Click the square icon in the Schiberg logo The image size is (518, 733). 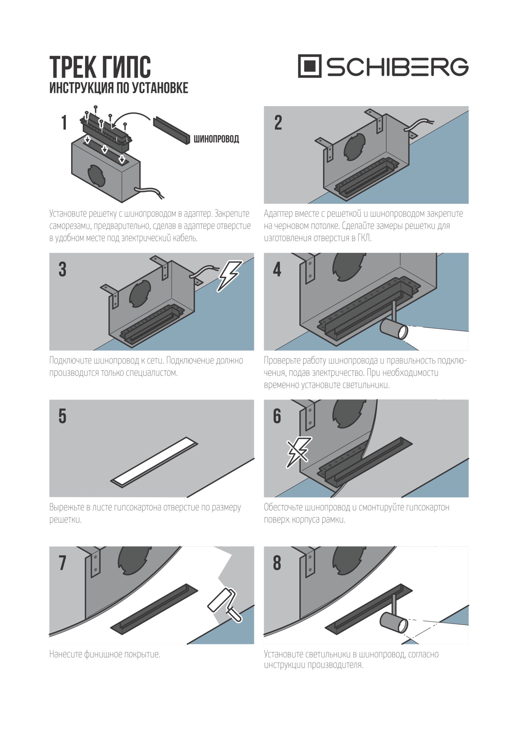(x=310, y=66)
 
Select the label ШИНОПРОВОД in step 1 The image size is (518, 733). (x=216, y=139)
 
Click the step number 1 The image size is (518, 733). (x=64, y=123)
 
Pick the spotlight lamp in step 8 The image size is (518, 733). (x=394, y=622)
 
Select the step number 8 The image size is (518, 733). (x=277, y=563)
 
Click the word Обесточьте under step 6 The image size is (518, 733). (x=283, y=507)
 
